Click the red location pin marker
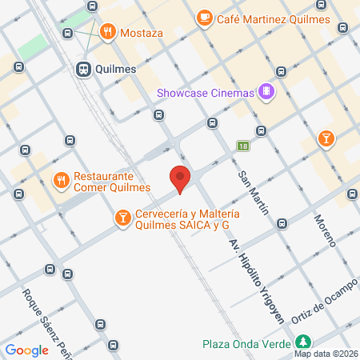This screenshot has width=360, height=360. point(180,178)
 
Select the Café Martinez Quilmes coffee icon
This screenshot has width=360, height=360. point(204,17)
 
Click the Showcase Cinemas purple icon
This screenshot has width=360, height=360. point(267,94)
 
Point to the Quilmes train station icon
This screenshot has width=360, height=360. point(83,69)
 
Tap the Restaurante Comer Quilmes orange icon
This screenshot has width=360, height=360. point(60,181)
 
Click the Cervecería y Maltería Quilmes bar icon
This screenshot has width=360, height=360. point(122,218)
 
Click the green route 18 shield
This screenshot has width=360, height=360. point(242,146)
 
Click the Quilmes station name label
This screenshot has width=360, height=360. point(115,69)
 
